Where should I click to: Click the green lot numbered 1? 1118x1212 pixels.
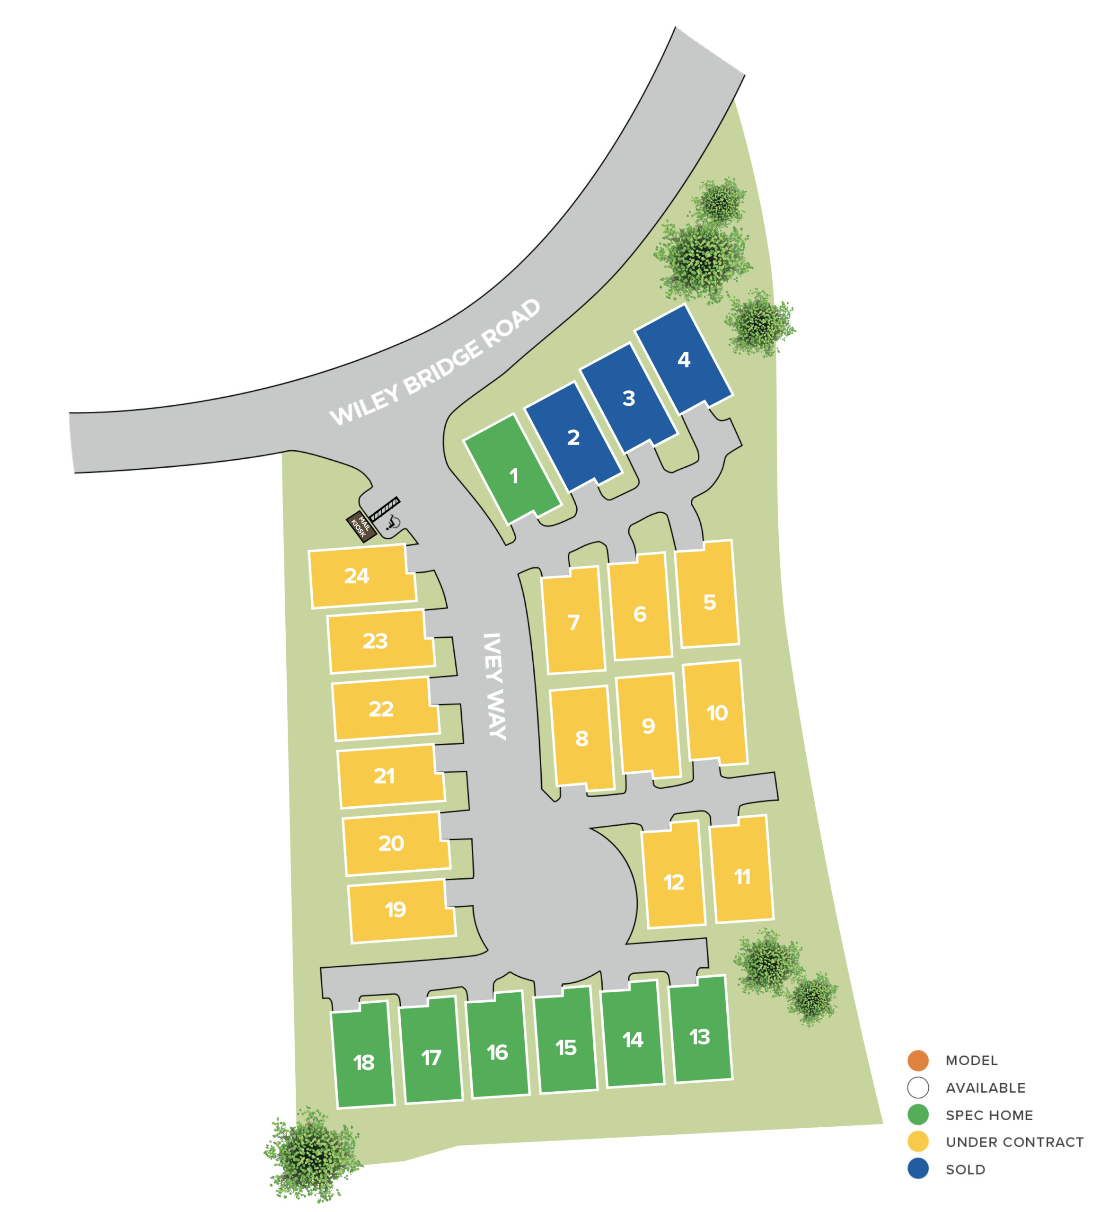(x=513, y=475)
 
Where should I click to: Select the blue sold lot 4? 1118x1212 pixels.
(x=684, y=360)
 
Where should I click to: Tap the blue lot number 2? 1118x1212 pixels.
(x=573, y=437)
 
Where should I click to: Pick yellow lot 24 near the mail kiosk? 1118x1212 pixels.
(x=357, y=576)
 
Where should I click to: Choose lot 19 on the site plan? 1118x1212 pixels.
(x=396, y=909)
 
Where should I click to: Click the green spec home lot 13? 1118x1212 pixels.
(x=700, y=1037)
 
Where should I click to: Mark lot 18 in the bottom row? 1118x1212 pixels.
(x=363, y=1062)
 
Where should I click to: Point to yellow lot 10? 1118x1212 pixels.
(x=717, y=713)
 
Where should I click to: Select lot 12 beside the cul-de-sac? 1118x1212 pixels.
(x=673, y=882)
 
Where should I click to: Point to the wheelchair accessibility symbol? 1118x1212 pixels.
(x=393, y=522)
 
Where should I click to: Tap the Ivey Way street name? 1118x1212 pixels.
(x=495, y=686)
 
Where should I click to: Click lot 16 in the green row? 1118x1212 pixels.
(x=497, y=1052)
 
